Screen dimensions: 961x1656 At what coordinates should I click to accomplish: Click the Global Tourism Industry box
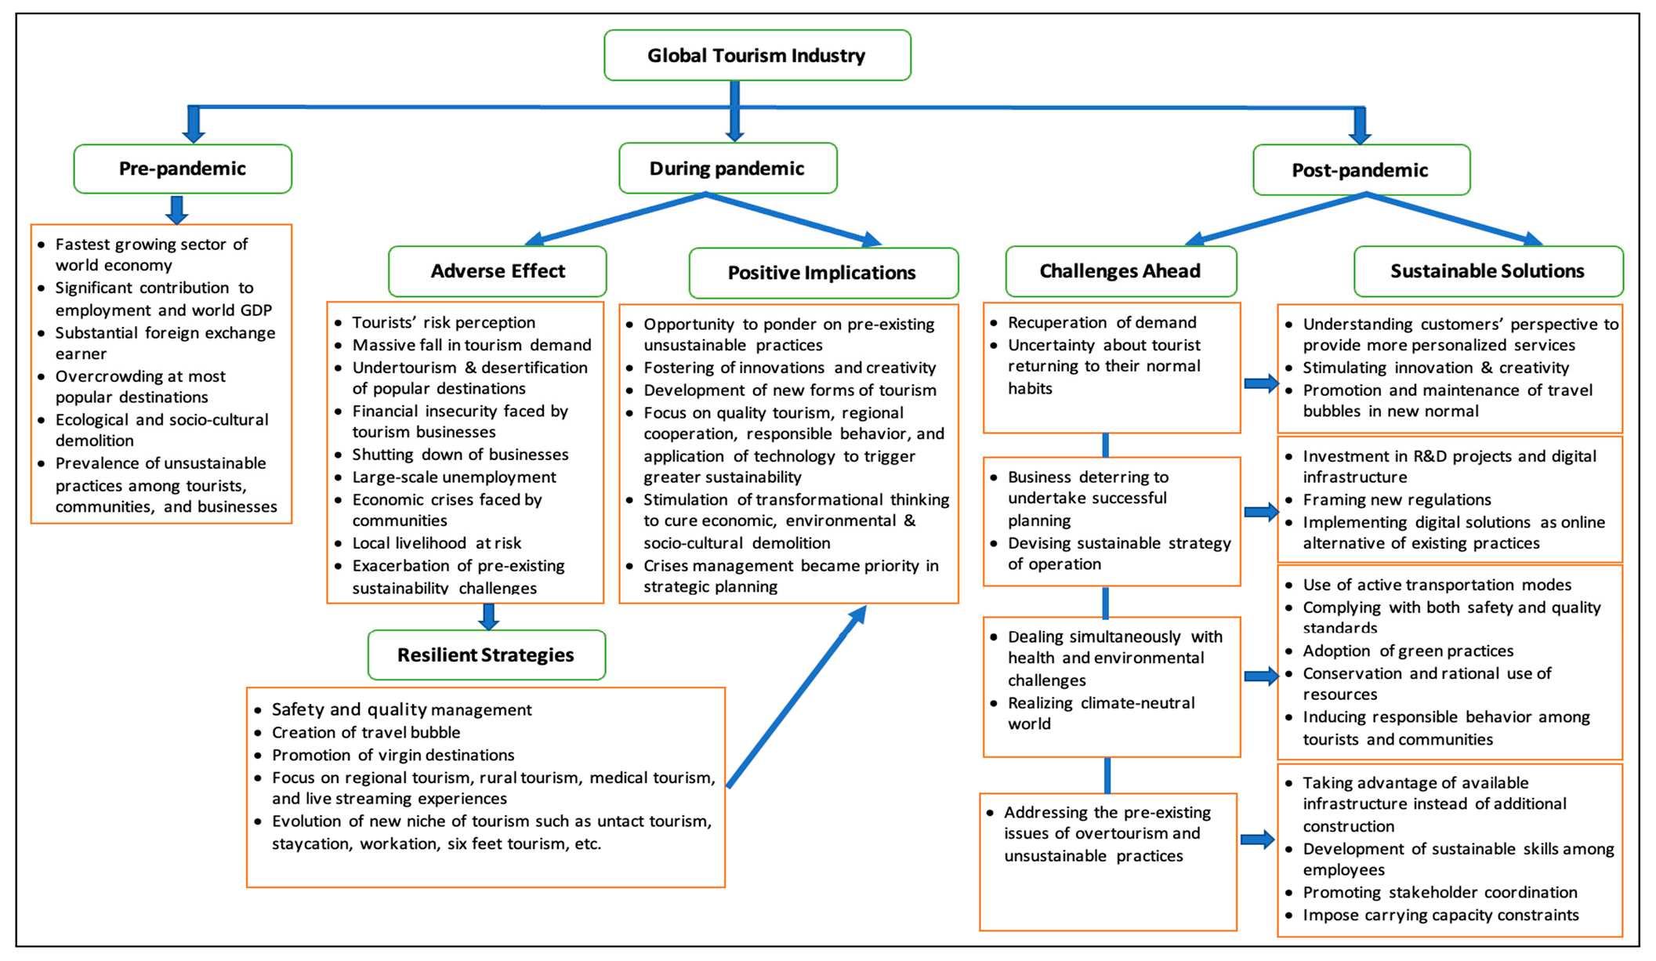click(x=756, y=56)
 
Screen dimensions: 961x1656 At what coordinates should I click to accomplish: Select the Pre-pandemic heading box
click(x=183, y=169)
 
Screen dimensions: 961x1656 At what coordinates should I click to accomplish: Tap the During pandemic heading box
click(x=727, y=169)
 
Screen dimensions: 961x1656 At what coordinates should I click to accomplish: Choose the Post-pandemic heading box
click(x=1361, y=170)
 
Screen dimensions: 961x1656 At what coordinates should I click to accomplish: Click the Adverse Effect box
click(x=498, y=271)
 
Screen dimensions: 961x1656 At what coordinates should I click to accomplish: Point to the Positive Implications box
click(x=822, y=273)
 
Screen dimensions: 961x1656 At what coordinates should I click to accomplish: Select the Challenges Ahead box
click(x=1120, y=271)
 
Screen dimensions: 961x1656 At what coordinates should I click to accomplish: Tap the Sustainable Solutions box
click(x=1488, y=271)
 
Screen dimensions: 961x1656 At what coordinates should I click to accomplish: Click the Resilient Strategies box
click(x=486, y=655)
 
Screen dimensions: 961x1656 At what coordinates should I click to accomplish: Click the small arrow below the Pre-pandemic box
click(x=177, y=209)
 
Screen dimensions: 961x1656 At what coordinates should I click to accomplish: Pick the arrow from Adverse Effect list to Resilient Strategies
click(x=489, y=616)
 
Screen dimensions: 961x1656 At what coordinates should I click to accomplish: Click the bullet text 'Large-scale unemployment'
click(x=454, y=477)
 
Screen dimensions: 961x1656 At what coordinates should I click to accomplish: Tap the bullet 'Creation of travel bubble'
click(x=366, y=732)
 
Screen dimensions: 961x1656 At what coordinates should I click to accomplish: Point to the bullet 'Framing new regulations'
click(x=1397, y=500)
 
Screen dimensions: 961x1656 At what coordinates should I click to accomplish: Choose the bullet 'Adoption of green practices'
click(x=1408, y=651)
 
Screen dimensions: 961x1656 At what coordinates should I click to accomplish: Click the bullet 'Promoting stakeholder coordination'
click(x=1440, y=892)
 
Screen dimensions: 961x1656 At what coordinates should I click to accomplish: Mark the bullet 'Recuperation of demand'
click(x=1101, y=323)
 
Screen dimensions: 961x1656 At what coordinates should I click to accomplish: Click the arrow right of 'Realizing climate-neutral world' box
click(x=1260, y=676)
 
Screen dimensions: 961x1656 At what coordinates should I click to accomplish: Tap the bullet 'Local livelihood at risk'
click(x=437, y=543)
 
